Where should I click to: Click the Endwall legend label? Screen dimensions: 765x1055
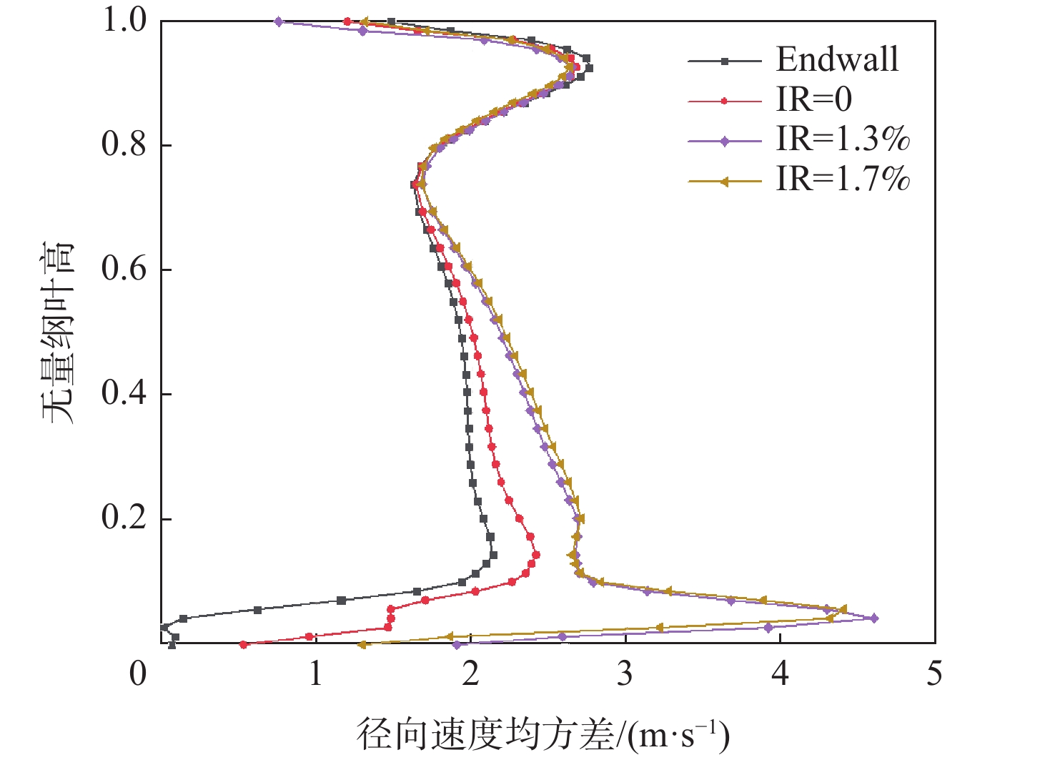click(837, 60)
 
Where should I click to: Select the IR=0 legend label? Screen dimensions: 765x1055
click(814, 100)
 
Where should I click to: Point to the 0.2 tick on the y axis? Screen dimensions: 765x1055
click(124, 518)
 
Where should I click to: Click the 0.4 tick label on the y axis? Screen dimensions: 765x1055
click(124, 393)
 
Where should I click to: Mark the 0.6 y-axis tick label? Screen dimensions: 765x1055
click(124, 270)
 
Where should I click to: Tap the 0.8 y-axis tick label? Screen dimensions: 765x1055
click(124, 145)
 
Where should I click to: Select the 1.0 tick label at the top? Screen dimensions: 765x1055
click(124, 21)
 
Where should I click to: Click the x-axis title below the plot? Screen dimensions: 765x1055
click(543, 736)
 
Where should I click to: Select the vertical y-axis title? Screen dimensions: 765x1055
click(57, 332)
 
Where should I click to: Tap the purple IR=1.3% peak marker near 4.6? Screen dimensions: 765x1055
click(874, 618)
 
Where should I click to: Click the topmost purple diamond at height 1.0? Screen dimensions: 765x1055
click(279, 21)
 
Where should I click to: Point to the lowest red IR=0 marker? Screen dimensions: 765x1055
click(244, 644)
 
